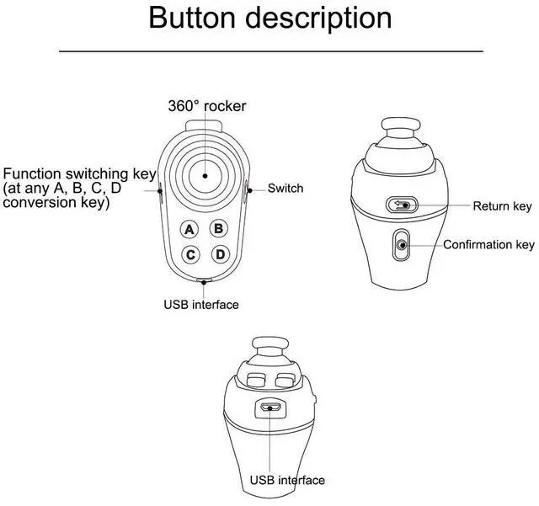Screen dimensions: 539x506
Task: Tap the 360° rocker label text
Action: point(205,106)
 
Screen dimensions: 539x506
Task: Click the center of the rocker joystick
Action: point(204,174)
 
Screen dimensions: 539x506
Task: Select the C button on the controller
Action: point(190,254)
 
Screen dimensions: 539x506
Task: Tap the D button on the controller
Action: point(219,254)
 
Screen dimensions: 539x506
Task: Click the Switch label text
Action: point(286,188)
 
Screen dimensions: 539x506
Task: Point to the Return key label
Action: point(502,206)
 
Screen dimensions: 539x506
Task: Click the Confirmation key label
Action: point(488,245)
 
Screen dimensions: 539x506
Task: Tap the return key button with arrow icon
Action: point(402,205)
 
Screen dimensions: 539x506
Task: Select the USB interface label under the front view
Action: point(201,304)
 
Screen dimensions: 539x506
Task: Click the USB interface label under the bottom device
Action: point(286,480)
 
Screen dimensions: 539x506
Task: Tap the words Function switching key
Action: point(80,174)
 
